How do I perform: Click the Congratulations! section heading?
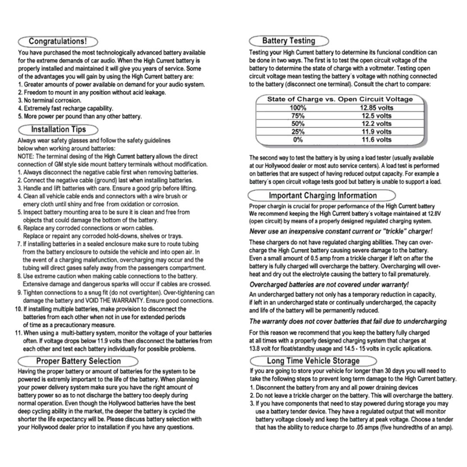58,42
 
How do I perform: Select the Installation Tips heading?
58,129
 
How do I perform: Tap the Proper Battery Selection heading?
78,361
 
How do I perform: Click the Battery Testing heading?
289,41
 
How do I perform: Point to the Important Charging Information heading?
323,195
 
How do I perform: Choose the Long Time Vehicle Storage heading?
313,361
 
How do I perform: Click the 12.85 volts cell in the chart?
376,108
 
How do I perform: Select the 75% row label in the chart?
297,116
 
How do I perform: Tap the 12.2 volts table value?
376,124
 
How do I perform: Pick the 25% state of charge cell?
297,131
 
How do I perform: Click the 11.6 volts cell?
376,140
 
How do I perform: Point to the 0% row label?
297,140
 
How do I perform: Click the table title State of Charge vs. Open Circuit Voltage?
339,99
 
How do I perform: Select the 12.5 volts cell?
376,116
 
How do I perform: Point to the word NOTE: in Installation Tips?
26,156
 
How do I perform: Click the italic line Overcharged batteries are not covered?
329,284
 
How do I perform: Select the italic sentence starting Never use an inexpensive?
341,231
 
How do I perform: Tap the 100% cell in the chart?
297,108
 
